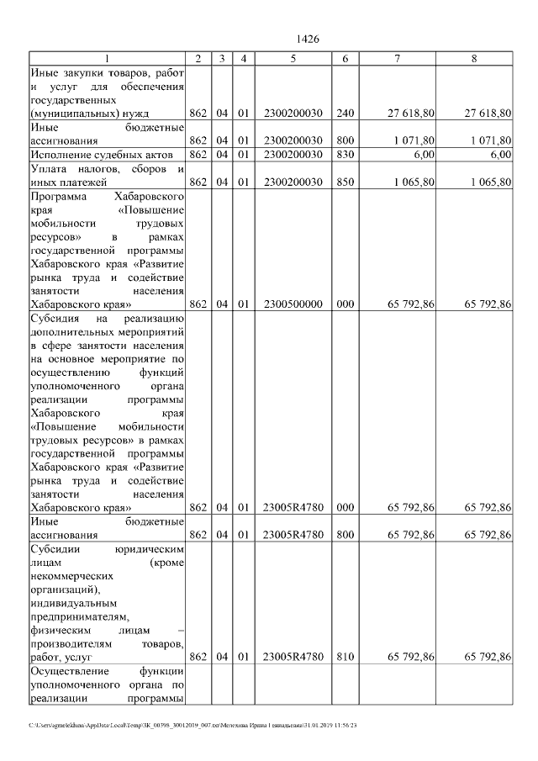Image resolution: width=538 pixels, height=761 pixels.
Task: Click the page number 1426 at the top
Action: point(309,40)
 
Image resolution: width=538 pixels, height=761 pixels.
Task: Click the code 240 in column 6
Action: point(345,112)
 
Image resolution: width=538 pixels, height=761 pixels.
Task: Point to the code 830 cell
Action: point(345,155)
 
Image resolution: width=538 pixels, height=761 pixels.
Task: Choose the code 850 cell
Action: point(345,182)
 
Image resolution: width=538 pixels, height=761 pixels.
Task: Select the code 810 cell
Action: point(345,656)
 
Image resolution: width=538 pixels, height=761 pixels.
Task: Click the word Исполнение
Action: point(61,155)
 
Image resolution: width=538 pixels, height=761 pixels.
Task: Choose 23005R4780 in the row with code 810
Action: point(293,656)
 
